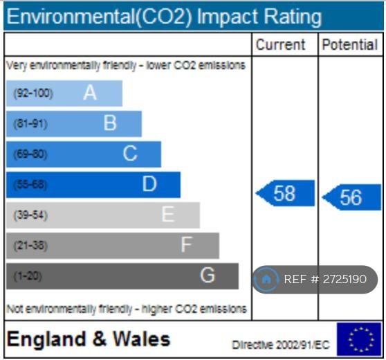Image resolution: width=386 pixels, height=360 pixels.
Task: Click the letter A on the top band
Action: tap(90, 93)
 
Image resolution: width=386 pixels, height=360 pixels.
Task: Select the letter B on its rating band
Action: tap(110, 123)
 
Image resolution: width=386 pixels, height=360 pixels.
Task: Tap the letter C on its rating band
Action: tap(130, 153)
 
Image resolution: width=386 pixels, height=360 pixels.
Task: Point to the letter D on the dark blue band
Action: tap(149, 184)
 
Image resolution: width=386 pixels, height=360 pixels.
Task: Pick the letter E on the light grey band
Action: tap(168, 214)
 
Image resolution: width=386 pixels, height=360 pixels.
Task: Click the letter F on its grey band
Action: tap(186, 244)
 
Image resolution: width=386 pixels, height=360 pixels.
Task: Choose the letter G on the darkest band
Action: tap(208, 275)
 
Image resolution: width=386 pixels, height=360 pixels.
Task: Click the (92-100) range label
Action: tap(33, 93)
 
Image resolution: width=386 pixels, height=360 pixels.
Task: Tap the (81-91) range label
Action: tap(30, 124)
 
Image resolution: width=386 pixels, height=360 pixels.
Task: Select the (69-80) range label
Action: tap(30, 154)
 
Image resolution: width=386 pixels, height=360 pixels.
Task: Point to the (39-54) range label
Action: tap(30, 215)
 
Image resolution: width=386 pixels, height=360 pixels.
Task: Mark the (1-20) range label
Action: tap(28, 276)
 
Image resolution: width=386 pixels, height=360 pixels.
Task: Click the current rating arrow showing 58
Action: tap(285, 193)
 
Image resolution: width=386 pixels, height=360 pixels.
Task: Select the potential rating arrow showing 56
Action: tap(351, 197)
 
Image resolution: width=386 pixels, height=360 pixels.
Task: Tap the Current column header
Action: tap(280, 44)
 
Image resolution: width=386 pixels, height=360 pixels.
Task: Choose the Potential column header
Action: tap(350, 44)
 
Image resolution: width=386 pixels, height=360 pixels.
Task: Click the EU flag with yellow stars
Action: tap(359, 339)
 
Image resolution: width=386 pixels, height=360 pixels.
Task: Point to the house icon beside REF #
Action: tap(266, 280)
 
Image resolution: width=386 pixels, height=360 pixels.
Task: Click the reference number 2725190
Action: tap(344, 279)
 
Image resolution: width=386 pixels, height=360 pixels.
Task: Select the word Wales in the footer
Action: tap(142, 339)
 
